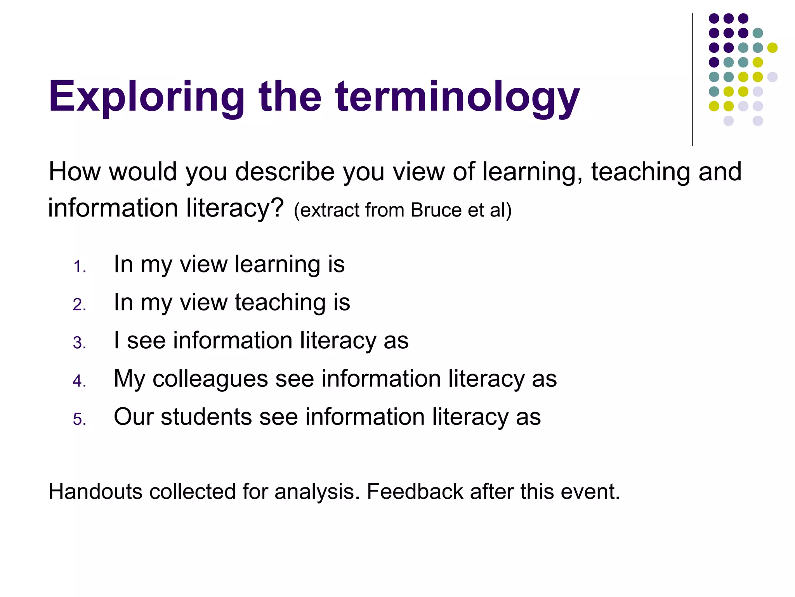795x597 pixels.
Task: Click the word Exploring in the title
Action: pos(146,96)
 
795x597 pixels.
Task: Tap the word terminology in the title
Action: pos(458,96)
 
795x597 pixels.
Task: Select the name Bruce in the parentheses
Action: pos(436,210)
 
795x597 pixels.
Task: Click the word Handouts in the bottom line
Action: pos(95,491)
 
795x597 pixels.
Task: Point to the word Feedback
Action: pos(415,491)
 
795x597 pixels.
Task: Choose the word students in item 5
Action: pos(206,417)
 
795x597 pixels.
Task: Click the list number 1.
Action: pos(79,267)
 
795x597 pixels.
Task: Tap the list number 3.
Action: pos(79,343)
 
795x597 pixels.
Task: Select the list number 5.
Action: pos(79,419)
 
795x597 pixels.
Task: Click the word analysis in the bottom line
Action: pos(317,491)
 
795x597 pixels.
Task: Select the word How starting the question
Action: pos(75,171)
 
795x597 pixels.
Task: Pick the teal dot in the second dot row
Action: pos(758,33)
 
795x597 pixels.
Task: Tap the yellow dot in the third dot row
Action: pos(772,48)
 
